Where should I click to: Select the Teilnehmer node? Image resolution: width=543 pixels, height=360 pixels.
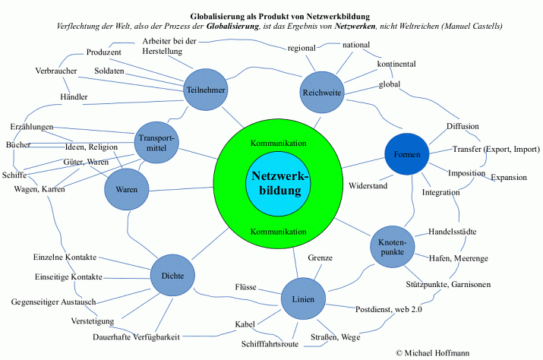coord(206,90)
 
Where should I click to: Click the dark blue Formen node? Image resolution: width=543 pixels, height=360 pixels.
coord(407,154)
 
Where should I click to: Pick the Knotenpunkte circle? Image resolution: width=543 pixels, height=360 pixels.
coord(393,247)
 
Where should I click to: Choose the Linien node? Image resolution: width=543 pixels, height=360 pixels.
coord(303,298)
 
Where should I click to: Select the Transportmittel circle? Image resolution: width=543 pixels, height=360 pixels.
coord(156,142)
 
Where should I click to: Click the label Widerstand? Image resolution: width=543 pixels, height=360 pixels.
coord(368,185)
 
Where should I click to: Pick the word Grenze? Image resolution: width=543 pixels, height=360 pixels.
coord(320,258)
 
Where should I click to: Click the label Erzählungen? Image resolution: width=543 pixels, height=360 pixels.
coord(32,126)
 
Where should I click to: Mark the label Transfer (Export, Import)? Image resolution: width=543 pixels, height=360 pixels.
coord(495,149)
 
